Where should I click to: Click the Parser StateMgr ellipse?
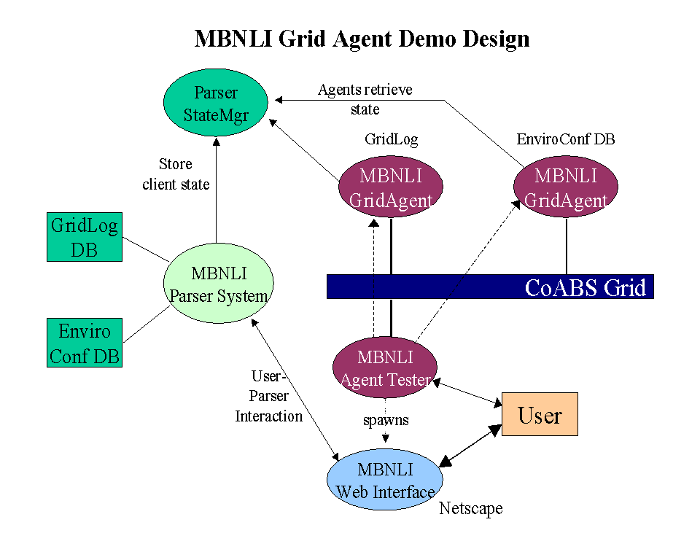(216, 102)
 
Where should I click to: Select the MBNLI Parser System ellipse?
(218, 283)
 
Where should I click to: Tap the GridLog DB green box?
(85, 237)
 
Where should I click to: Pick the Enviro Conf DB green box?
(85, 343)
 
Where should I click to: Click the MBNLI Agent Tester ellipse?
(385, 367)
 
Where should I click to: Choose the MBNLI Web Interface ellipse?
(385, 479)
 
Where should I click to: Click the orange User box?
(540, 414)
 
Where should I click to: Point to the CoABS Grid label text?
(586, 287)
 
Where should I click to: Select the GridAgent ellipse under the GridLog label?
(391, 187)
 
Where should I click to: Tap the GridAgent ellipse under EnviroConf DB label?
(566, 187)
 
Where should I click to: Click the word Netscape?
(470, 508)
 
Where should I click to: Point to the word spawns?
(386, 421)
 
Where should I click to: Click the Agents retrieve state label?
(365, 99)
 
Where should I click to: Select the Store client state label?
(176, 174)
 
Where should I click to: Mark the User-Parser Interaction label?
(269, 396)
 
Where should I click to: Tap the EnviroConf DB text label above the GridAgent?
(566, 139)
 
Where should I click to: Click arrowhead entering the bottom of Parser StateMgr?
(216, 141)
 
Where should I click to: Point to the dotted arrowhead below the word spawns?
(385, 438)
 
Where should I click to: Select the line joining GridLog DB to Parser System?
(146, 249)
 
